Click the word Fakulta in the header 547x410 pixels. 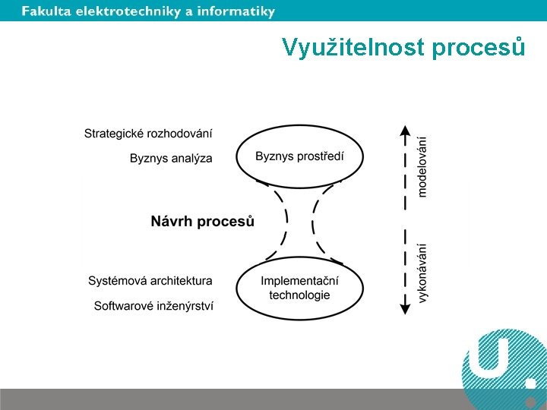(x=45, y=11)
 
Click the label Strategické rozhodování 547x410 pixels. (x=148, y=134)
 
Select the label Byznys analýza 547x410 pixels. (x=171, y=159)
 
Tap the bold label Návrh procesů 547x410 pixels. (x=202, y=222)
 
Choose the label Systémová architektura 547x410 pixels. (x=150, y=281)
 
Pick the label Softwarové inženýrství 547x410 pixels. (x=153, y=306)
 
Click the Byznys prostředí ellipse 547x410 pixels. (x=299, y=156)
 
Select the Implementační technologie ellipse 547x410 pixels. (x=299, y=288)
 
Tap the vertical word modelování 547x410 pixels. (x=422, y=166)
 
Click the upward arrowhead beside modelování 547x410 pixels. (x=405, y=130)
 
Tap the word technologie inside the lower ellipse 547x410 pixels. (x=299, y=295)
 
